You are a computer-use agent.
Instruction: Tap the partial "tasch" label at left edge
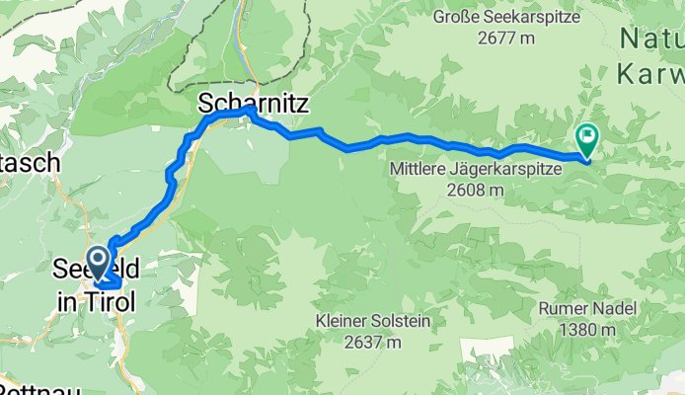[x=32, y=164]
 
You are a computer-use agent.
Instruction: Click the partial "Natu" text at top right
[x=651, y=39]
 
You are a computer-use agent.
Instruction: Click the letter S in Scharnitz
[x=205, y=102]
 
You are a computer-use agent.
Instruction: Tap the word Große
[x=456, y=17]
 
